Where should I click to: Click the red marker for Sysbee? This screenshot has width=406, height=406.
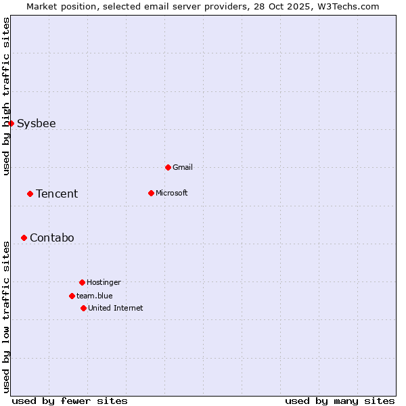point(11,123)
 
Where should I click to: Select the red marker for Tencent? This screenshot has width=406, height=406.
point(30,194)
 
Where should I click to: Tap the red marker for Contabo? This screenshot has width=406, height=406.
point(24,238)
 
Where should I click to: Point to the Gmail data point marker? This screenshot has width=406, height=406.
point(168,167)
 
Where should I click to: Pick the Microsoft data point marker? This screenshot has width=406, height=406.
point(151,193)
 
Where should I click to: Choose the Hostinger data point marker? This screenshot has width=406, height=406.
point(82,282)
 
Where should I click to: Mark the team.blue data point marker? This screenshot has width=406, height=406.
point(72,296)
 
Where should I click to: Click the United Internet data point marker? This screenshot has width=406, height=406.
point(83,308)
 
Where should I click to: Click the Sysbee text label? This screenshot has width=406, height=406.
point(37,123)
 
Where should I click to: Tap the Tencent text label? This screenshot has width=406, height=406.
point(57,194)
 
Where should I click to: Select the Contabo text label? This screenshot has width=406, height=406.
point(52,238)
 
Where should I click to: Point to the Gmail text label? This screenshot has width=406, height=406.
point(183,167)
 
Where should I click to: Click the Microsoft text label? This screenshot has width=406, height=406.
point(172,193)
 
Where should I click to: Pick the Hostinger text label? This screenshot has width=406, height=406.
point(104,282)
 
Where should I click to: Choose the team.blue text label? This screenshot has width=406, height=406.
point(95,296)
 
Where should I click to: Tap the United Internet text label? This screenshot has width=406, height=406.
point(116,308)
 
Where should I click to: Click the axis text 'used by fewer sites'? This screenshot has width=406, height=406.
point(70,401)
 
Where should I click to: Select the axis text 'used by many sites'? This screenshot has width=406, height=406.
point(340,401)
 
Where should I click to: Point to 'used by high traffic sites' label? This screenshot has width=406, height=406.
point(6,96)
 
